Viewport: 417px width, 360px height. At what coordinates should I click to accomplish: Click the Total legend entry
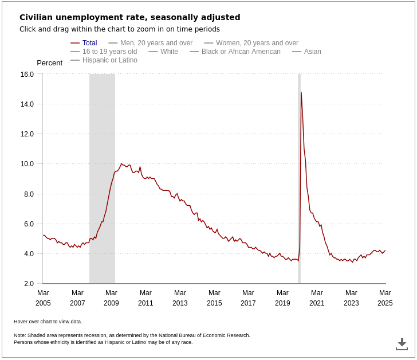pyautogui.click(x=89, y=43)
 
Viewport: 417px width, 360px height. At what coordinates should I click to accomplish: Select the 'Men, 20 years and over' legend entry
pyautogui.click(x=156, y=43)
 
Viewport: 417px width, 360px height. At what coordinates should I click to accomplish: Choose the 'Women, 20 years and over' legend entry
pyautogui.click(x=257, y=43)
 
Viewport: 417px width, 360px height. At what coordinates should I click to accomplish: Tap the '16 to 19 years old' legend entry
pyautogui.click(x=109, y=52)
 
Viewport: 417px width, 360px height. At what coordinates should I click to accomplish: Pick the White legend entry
pyautogui.click(x=169, y=52)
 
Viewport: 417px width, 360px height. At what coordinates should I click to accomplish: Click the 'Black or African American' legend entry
pyautogui.click(x=241, y=52)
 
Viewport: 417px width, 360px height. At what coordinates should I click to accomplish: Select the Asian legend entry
pyautogui.click(x=312, y=52)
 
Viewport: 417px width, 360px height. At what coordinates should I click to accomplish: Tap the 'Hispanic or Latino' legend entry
pyautogui.click(x=109, y=60)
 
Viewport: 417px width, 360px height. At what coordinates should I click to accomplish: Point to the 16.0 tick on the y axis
pyautogui.click(x=27, y=75)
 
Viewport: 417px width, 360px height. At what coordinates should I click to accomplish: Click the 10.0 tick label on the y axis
pyautogui.click(x=27, y=164)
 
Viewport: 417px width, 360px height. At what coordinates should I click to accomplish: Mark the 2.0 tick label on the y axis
pyautogui.click(x=29, y=284)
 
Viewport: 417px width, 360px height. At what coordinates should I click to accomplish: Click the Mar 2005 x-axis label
pyautogui.click(x=43, y=298)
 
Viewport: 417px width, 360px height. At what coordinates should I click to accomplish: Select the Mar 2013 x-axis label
pyautogui.click(x=180, y=298)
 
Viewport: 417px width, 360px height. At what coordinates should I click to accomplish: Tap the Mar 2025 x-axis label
pyautogui.click(x=385, y=298)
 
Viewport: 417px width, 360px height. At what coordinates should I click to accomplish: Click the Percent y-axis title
pyautogui.click(x=49, y=63)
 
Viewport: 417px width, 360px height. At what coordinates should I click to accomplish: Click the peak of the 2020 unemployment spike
pyautogui.click(x=301, y=92)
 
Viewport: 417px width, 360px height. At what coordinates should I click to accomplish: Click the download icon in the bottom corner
pyautogui.click(x=402, y=344)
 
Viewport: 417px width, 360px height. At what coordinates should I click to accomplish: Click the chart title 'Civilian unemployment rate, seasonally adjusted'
pyautogui.click(x=130, y=17)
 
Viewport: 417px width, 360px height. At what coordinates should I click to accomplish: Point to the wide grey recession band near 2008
pyautogui.click(x=102, y=178)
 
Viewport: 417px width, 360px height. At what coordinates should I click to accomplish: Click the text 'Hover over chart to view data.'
pyautogui.click(x=48, y=322)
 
